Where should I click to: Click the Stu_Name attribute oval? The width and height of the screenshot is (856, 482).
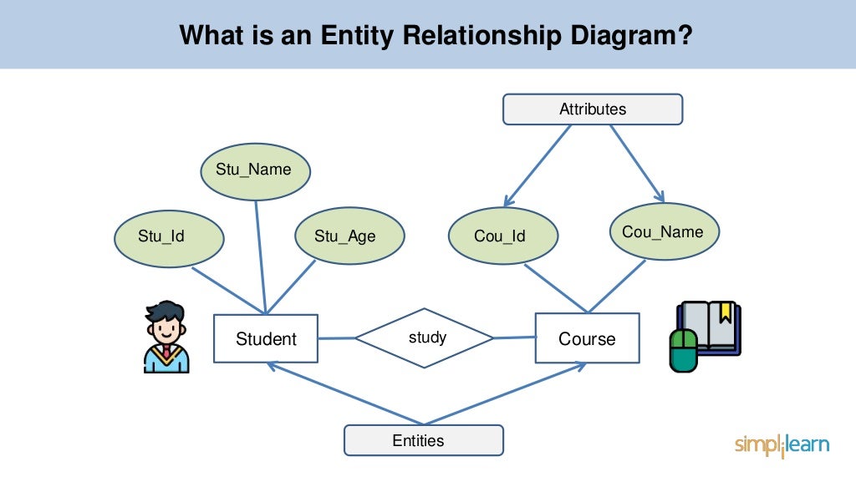click(255, 170)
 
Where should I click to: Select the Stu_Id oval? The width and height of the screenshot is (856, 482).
click(170, 236)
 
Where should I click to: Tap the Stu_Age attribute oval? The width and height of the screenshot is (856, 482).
click(349, 236)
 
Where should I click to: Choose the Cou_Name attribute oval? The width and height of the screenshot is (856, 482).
click(664, 232)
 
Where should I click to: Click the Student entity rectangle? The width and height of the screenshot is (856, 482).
click(266, 338)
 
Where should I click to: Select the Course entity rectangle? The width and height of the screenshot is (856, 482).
click(587, 338)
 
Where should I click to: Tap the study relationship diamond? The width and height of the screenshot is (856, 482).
click(425, 338)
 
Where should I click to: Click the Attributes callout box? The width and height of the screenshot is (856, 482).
click(592, 109)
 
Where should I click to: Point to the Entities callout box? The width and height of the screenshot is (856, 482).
click(423, 440)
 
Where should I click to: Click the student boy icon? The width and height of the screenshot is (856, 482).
click(166, 337)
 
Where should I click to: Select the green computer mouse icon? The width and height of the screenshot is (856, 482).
click(683, 351)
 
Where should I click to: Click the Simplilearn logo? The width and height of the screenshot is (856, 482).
click(782, 444)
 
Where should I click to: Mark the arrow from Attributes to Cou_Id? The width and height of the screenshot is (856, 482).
click(537, 165)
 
